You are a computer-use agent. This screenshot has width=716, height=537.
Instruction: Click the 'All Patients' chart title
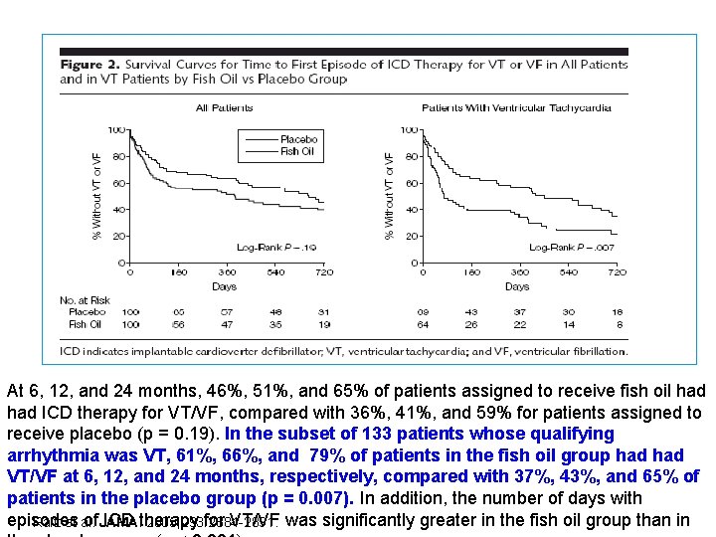(224, 107)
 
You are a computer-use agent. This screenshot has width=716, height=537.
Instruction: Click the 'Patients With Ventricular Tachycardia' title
(516, 107)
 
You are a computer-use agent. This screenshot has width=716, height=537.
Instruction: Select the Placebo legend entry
(298, 140)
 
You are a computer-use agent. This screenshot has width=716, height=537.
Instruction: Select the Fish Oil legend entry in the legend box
(296, 151)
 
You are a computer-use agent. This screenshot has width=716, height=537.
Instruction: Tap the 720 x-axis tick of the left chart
(322, 271)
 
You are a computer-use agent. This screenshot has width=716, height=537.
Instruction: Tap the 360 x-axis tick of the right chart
(520, 271)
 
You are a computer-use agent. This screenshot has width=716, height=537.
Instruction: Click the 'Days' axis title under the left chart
(225, 286)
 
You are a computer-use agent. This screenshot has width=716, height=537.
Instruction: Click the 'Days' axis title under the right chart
(517, 286)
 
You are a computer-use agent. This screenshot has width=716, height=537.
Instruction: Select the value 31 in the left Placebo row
(323, 312)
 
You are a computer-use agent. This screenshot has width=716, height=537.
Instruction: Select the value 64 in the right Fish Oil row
(423, 324)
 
